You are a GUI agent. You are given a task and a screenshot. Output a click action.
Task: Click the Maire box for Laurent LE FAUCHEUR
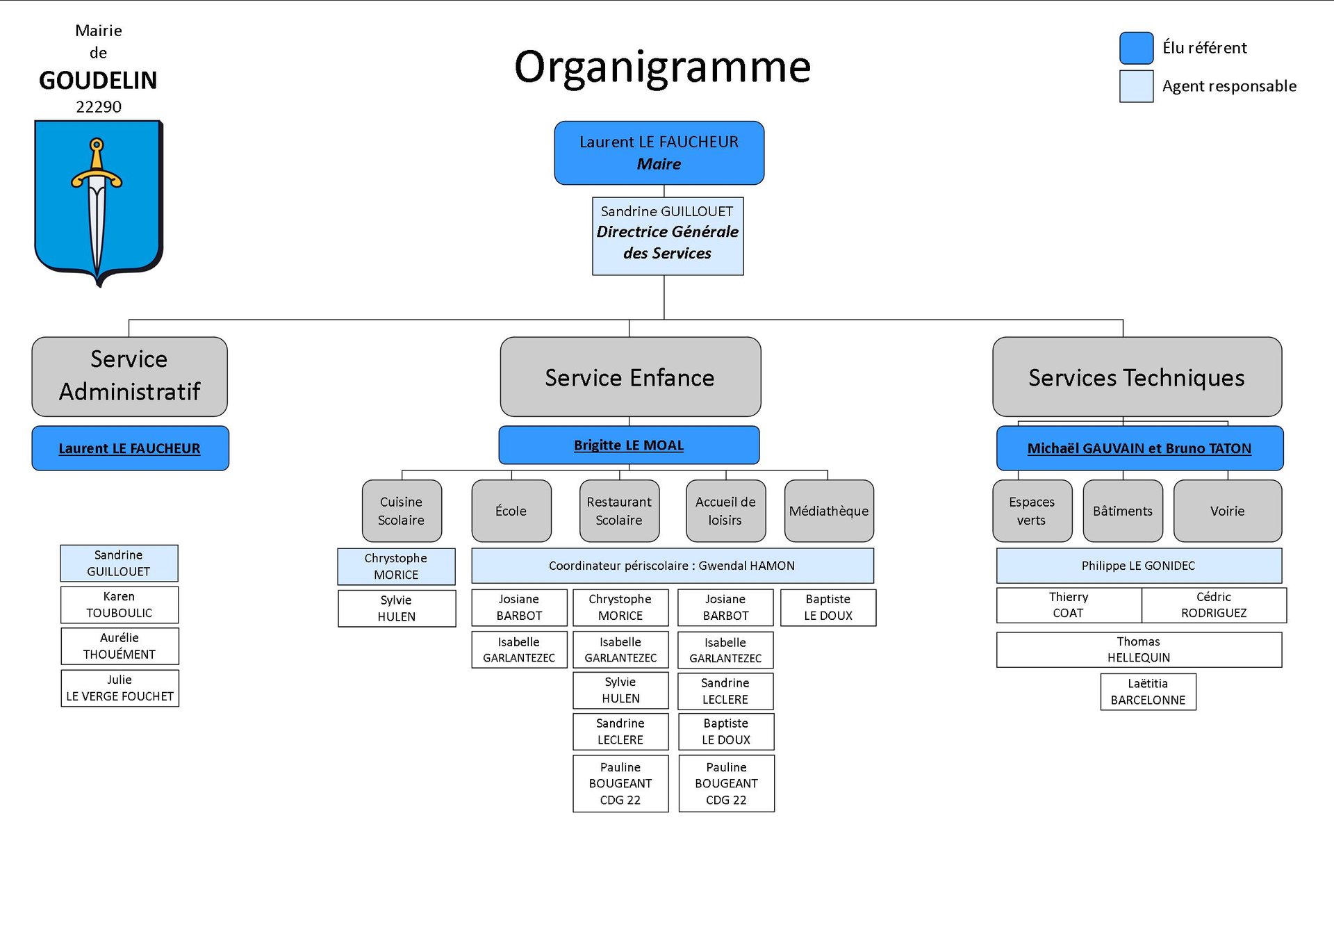[x=659, y=153]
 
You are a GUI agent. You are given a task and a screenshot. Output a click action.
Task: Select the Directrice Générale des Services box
[x=668, y=236]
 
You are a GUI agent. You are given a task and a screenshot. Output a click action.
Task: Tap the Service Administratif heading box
[x=129, y=377]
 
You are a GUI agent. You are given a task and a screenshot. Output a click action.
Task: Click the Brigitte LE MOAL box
[x=629, y=445]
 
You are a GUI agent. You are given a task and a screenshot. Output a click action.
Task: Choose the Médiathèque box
[x=829, y=511]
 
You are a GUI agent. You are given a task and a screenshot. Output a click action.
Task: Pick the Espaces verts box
[x=1032, y=511]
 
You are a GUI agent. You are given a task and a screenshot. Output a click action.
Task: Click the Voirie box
[x=1228, y=511]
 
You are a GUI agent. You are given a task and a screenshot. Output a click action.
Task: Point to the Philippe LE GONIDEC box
[x=1139, y=566]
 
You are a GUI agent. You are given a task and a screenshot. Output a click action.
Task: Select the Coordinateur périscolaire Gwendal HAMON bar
[x=673, y=566]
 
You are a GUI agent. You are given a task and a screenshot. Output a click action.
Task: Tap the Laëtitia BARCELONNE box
[x=1148, y=691]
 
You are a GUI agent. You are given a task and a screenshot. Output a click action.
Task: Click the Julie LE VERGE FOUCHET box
[x=120, y=688]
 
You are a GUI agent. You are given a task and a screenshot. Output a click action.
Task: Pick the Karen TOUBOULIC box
[x=120, y=605]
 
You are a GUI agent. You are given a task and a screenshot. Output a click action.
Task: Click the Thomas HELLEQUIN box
[x=1139, y=650]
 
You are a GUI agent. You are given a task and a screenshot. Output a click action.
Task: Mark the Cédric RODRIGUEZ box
[x=1214, y=605]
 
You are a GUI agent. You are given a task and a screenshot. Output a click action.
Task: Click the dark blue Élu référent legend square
[x=1137, y=48]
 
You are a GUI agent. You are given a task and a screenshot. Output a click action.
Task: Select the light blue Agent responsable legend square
[x=1137, y=86]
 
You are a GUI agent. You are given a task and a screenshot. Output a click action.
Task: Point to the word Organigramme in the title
[x=662, y=68]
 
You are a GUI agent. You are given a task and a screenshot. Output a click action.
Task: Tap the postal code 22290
[x=99, y=107]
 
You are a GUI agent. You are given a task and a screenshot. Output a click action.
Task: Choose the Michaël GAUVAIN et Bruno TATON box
[x=1139, y=448]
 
